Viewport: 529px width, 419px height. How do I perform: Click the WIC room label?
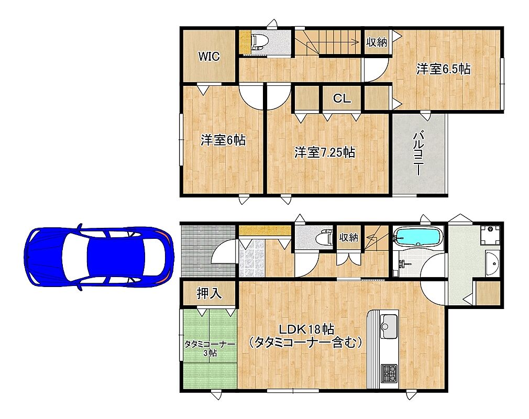pos(209,56)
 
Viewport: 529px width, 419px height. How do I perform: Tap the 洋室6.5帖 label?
pos(443,69)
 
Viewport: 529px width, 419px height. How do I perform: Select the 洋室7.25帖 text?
pos(325,152)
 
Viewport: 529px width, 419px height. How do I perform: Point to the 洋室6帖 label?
pos(223,140)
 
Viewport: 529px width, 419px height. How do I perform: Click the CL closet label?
pos(342,98)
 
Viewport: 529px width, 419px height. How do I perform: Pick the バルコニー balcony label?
pos(418,153)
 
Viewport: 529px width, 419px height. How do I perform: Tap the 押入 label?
pos(210,293)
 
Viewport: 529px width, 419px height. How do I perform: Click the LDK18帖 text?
pos(306,328)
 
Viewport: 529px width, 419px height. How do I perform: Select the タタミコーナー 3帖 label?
pos(210,348)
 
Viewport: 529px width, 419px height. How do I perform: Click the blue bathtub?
pos(418,237)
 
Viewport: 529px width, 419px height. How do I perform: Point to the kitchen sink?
pos(389,326)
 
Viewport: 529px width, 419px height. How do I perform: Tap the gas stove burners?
pos(389,374)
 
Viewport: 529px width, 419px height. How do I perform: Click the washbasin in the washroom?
pos(492,263)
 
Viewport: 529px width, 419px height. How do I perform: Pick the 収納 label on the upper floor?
pos(377,42)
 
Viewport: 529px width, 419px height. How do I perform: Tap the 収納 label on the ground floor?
pos(348,237)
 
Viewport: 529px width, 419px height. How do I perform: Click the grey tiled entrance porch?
pos(208,251)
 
